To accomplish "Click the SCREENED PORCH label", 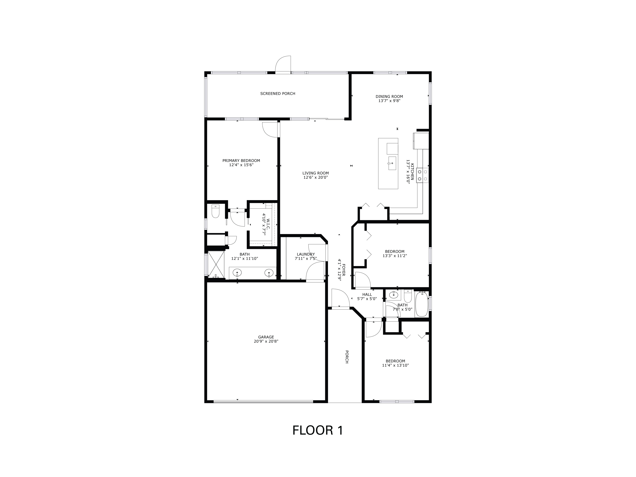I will pos(278,93).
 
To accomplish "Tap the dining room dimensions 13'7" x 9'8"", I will pos(389,101).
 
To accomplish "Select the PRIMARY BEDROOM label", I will pos(241,161).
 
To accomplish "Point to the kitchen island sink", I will pos(392,163).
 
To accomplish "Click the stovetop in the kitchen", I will pos(422,175).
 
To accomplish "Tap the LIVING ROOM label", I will pos(315,173).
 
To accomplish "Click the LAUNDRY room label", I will pos(306,254).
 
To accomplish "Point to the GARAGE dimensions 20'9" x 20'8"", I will pos(266,341).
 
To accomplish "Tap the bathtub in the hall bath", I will pos(421,304).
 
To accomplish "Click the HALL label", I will pos(367,294).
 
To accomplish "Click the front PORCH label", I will pos(347,357).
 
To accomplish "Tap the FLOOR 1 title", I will pos(318,430).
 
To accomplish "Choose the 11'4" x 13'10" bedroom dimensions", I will pos(395,365).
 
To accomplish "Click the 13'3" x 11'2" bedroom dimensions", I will pos(395,256).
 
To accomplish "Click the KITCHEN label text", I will pos(412,172).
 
